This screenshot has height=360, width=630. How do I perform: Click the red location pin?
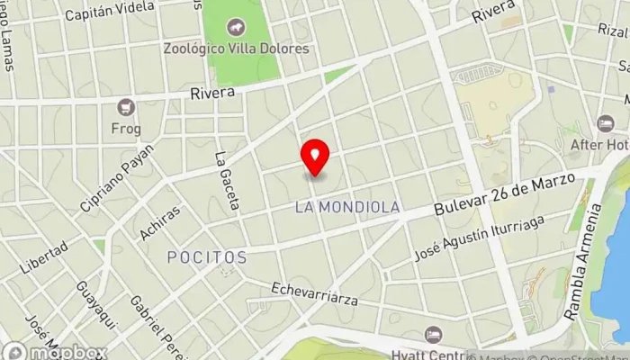point(315,157)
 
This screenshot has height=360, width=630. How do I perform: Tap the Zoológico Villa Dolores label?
point(237,49)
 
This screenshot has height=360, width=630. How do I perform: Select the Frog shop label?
point(126,129)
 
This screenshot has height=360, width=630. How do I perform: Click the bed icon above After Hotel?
point(605,123)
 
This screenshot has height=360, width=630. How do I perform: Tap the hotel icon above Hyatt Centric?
point(434,334)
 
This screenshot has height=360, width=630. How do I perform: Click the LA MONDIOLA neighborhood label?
point(347,207)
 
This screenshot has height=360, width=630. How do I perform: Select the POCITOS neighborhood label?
point(207,257)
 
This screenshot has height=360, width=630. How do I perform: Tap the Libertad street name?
point(43,258)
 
